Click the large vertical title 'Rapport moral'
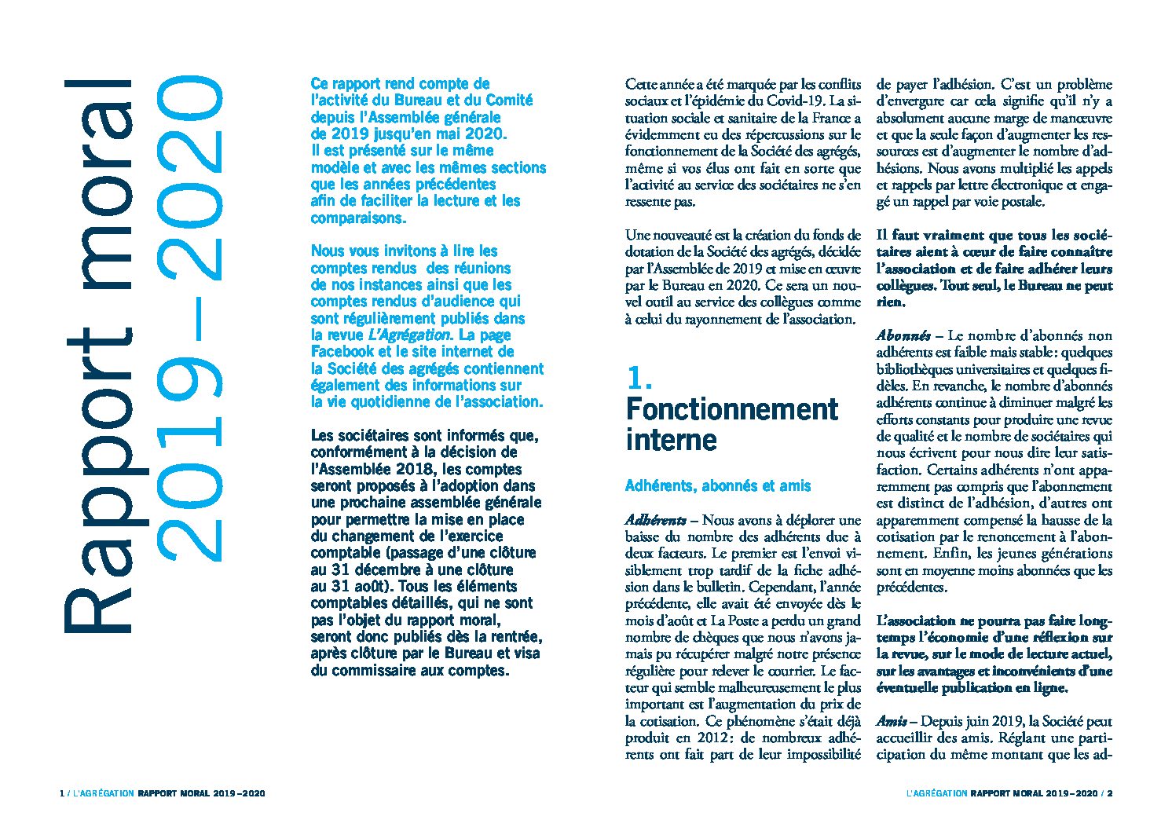pos(98,353)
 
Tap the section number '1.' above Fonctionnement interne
pos(639,379)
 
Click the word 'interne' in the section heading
pos(660,440)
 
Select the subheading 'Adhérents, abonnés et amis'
pos(717,486)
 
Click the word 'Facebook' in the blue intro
pos(342,352)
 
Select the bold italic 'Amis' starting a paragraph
pos(893,722)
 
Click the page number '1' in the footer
pos(61,793)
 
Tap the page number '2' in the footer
pos(1110,793)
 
